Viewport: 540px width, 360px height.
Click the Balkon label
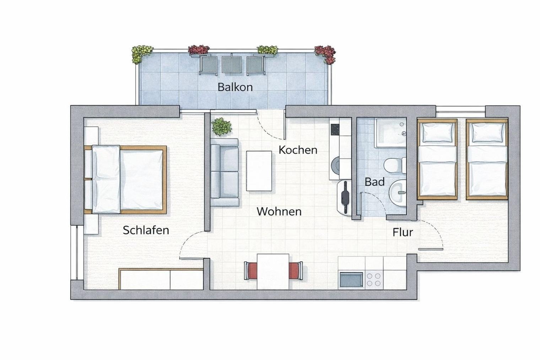[x=235, y=87]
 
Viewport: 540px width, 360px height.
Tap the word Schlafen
[x=146, y=230]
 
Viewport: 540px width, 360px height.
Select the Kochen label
[x=298, y=150]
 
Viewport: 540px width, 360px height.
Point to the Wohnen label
[x=279, y=212]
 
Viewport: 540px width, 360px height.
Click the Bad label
[x=374, y=182]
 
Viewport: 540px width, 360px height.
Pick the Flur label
[x=403, y=232]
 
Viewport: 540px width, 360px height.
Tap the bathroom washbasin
[x=398, y=193]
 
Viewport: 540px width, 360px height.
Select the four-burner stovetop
[x=374, y=279]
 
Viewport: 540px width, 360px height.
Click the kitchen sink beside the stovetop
[x=351, y=279]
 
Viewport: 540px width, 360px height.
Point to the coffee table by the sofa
[x=259, y=171]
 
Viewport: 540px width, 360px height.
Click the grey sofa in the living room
[x=225, y=172]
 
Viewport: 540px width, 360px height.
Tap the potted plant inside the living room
[x=221, y=127]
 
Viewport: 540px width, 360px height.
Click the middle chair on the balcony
[x=232, y=64]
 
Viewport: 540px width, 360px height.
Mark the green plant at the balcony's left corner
[x=142, y=54]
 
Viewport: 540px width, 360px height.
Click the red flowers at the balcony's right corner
[x=325, y=54]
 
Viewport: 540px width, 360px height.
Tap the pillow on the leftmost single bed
[x=437, y=132]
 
